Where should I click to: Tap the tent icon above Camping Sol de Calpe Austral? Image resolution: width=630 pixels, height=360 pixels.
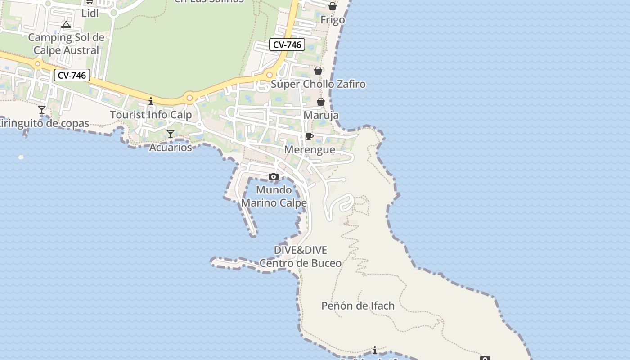tap(66, 24)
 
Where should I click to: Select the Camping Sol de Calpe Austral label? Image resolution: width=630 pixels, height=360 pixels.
tap(66, 44)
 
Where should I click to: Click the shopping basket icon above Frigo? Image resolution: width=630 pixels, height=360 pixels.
tap(332, 6)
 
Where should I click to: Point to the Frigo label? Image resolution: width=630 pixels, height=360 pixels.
tap(333, 20)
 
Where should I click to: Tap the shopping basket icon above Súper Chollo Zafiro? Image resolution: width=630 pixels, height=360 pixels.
tap(318, 71)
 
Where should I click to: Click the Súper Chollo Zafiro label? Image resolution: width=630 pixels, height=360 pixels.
tap(318, 84)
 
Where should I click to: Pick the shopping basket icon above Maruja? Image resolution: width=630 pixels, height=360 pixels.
tap(321, 102)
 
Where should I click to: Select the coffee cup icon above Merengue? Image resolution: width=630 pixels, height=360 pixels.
tap(310, 136)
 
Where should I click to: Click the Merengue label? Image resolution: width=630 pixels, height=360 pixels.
tap(310, 150)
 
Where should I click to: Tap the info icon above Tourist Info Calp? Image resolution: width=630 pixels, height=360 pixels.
tap(151, 101)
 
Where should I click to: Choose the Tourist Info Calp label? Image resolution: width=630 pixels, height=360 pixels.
tap(151, 115)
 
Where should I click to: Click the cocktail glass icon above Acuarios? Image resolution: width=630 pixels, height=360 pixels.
tap(171, 134)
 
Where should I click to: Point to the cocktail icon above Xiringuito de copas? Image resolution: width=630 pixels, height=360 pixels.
tap(42, 109)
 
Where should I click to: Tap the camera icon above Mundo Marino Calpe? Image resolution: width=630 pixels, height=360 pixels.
tap(274, 176)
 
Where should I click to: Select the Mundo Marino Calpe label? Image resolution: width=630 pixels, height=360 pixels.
tap(274, 196)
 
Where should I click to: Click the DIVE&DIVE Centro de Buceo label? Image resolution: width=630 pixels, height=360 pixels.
tap(301, 256)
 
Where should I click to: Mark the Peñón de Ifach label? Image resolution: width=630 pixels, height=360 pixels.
tap(358, 306)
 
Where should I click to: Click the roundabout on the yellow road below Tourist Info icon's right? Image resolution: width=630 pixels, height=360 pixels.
tap(190, 98)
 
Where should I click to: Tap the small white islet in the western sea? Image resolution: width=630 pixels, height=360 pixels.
tap(21, 157)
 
